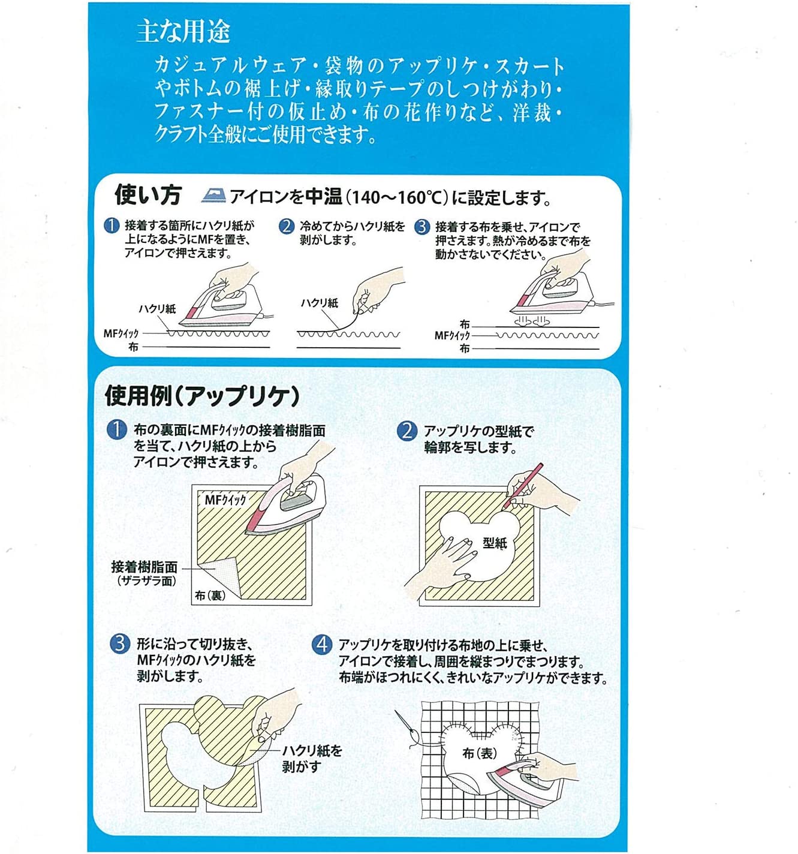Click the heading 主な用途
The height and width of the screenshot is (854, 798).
(x=183, y=31)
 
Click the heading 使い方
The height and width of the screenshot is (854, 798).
(x=147, y=195)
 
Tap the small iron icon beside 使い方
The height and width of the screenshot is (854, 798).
(x=213, y=195)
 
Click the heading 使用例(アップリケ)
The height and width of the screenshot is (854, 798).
(x=202, y=396)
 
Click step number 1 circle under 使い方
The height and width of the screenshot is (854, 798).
(x=112, y=226)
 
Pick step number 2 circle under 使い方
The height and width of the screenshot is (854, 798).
(x=287, y=227)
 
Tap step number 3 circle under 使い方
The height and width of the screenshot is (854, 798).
(x=422, y=227)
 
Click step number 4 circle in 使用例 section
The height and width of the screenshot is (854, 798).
(x=322, y=645)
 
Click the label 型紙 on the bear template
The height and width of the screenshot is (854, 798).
(x=495, y=543)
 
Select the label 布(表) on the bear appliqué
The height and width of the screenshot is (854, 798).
(x=480, y=753)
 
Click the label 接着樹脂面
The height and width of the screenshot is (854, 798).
(x=144, y=567)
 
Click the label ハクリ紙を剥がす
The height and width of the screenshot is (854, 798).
(x=311, y=758)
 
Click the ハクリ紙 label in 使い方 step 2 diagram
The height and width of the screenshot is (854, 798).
(x=319, y=303)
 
